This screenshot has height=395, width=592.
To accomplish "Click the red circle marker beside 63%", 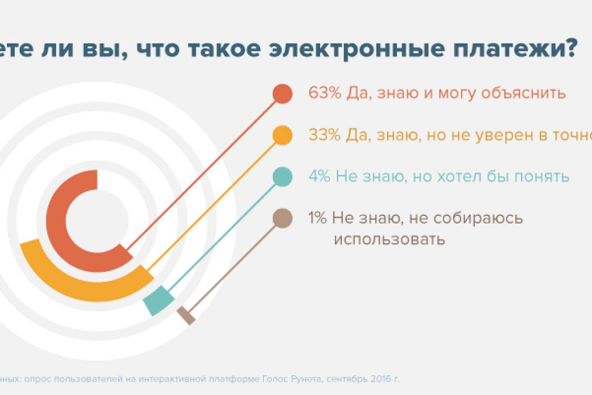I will point(282,94).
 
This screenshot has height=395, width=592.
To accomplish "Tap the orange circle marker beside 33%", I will point(282,135).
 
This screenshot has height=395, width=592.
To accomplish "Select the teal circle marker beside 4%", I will point(282,177).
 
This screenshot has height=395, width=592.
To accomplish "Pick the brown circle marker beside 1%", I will point(282,218).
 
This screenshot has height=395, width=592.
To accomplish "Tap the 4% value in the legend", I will point(319,176).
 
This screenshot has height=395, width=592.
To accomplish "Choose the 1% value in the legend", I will point(317,218).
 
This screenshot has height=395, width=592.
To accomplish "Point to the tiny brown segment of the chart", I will point(186,316).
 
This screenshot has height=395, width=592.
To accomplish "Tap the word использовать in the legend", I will point(389,240).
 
